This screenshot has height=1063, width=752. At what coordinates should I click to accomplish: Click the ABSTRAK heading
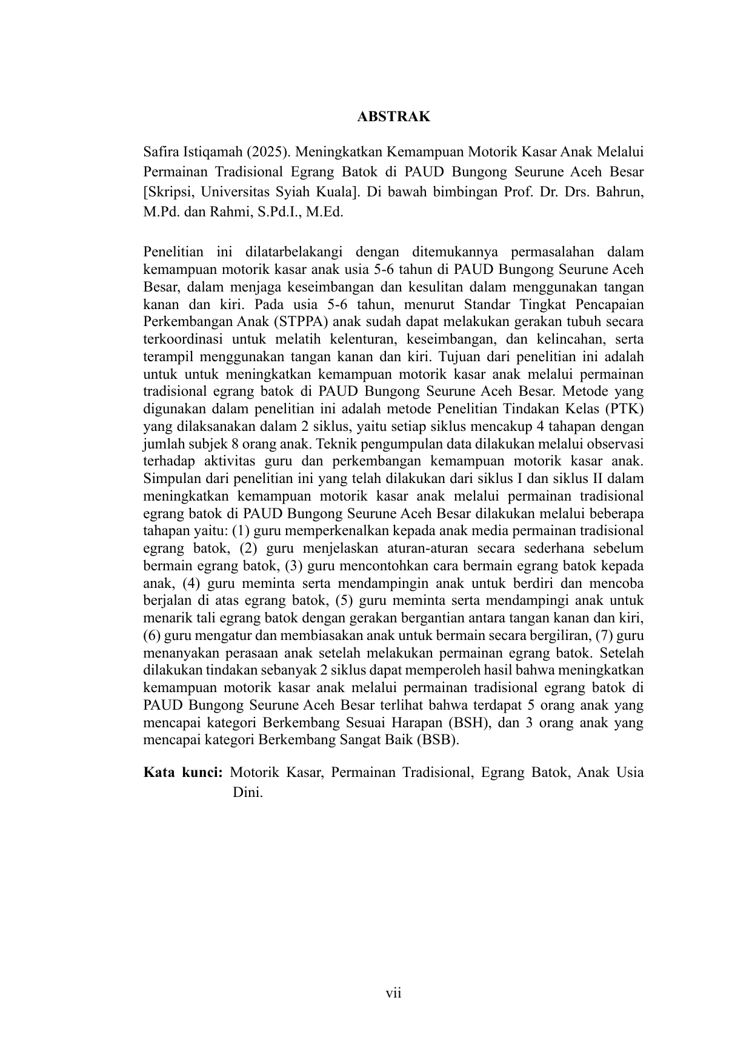393,117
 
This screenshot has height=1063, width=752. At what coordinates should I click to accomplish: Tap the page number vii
394,993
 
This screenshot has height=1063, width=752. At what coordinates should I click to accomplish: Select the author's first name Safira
161,151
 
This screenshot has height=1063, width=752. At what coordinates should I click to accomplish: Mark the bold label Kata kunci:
184,773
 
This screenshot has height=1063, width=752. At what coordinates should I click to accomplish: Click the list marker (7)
605,636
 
